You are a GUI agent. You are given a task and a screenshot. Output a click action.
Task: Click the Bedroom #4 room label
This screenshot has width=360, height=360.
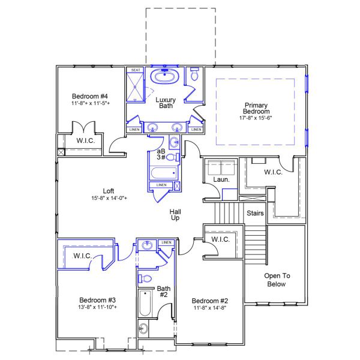coord(89,97)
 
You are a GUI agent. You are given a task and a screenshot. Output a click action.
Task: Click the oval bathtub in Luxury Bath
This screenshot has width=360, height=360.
coord(161,77)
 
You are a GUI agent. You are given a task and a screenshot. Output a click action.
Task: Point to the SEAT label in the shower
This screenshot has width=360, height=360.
coord(136,70)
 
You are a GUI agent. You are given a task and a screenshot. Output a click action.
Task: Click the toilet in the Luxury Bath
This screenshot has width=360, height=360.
coord(194,76)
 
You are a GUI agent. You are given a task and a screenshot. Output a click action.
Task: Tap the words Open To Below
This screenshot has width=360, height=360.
coord(277,280)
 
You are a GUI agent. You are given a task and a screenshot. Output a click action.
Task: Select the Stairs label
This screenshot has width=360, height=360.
coord(256,213)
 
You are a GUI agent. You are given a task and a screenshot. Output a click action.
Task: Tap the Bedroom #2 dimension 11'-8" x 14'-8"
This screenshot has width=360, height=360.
coord(210,308)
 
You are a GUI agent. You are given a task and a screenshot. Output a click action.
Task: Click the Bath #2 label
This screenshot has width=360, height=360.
coord(164,292)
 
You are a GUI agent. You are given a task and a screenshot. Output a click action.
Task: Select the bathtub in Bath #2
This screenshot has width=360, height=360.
coord(145,305)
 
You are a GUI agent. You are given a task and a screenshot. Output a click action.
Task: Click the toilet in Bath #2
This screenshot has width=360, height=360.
coord(145,277)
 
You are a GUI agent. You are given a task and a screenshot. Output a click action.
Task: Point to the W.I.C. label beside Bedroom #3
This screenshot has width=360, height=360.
coord(82,256)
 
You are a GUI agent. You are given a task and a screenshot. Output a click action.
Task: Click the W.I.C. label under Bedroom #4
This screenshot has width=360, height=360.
coord(85,140)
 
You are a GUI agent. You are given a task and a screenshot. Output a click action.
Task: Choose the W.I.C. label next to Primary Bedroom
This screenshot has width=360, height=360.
coord(274,172)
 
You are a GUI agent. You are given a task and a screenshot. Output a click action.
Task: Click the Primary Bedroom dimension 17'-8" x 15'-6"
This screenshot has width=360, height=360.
coord(256,118)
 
